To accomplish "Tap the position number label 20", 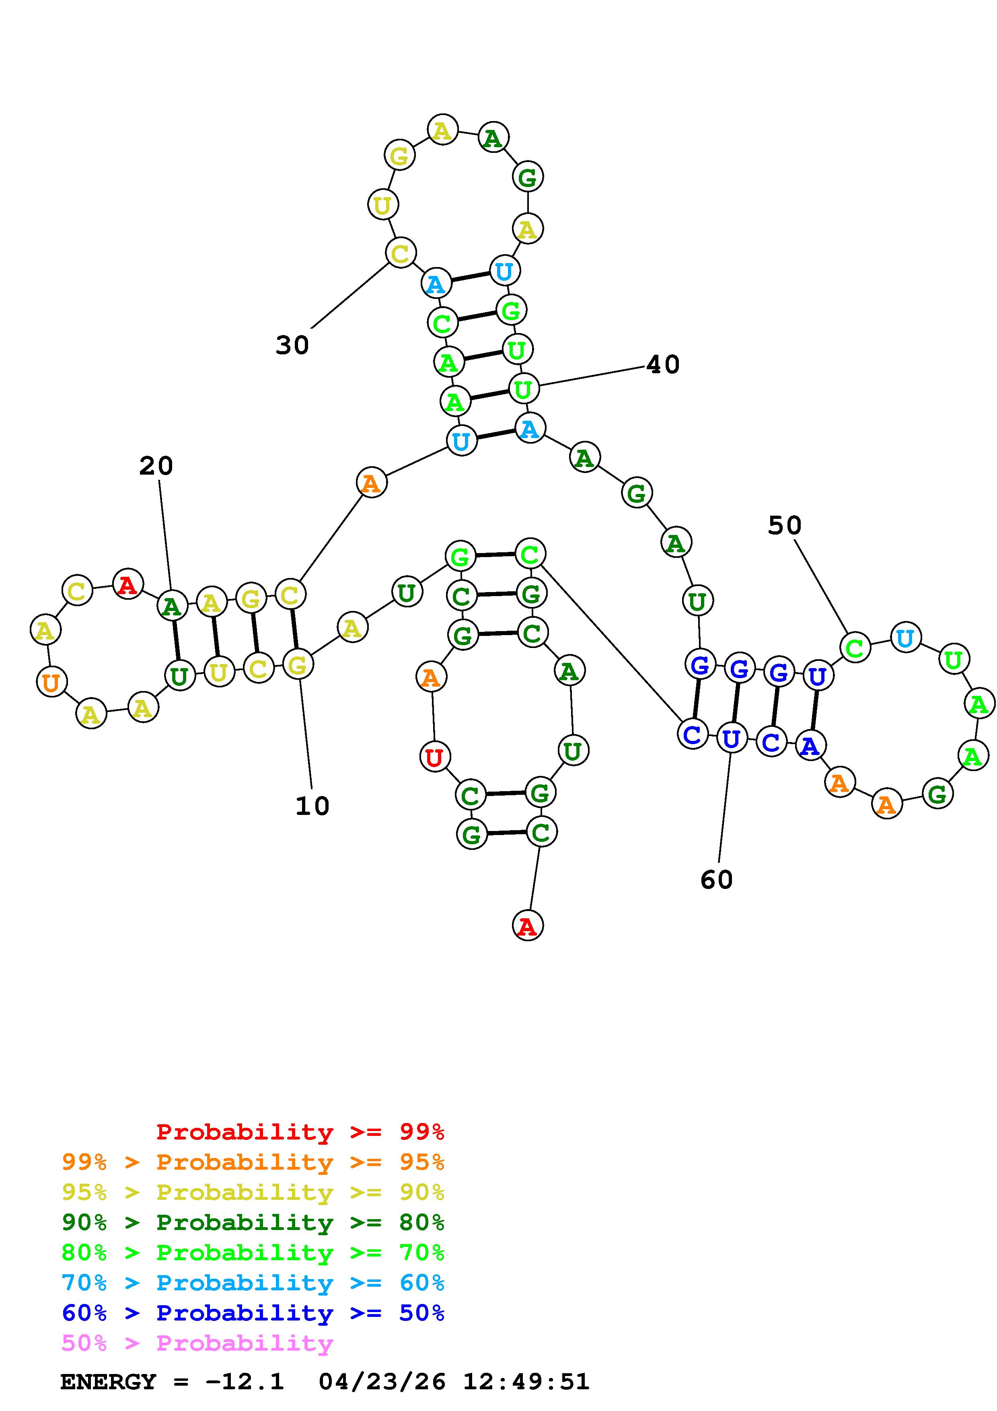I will pyautogui.click(x=156, y=466).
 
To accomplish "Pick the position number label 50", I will pyautogui.click(x=785, y=525).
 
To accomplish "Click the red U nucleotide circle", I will pyautogui.click(x=434, y=757).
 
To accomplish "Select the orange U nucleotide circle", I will pyautogui.click(x=51, y=681).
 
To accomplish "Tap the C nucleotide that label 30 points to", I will pyautogui.click(x=401, y=253).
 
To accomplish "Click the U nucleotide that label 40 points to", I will pyautogui.click(x=523, y=389).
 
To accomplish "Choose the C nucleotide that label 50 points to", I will pyautogui.click(x=855, y=647).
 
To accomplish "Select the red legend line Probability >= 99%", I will pyautogui.click(x=300, y=1131).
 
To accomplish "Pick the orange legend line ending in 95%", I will pyautogui.click(x=253, y=1162).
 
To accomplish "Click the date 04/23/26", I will pyautogui.click(x=382, y=1382).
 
